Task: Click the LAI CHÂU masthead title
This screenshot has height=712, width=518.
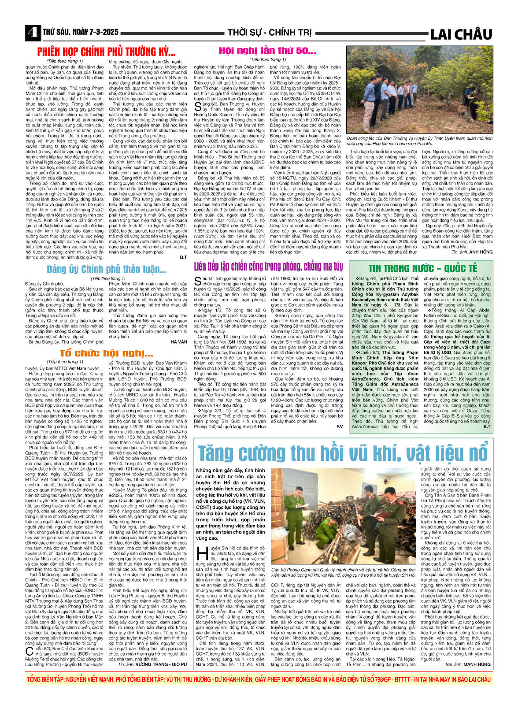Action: point(461,34)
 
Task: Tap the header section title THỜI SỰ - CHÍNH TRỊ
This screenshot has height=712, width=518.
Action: point(269,33)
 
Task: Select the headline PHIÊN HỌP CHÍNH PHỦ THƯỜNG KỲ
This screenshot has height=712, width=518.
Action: point(106,52)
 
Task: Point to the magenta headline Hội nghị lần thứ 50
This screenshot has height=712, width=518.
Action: point(267,51)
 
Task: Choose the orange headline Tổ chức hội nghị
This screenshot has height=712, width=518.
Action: point(107,353)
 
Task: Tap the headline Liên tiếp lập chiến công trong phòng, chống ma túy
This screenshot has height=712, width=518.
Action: point(268,267)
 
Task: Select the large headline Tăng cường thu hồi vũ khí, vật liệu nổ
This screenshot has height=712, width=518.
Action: point(343,453)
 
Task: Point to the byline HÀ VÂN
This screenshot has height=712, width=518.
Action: point(179,342)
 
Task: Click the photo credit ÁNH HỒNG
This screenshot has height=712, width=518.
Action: point(481,252)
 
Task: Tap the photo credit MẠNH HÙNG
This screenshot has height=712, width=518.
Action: point(477,664)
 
